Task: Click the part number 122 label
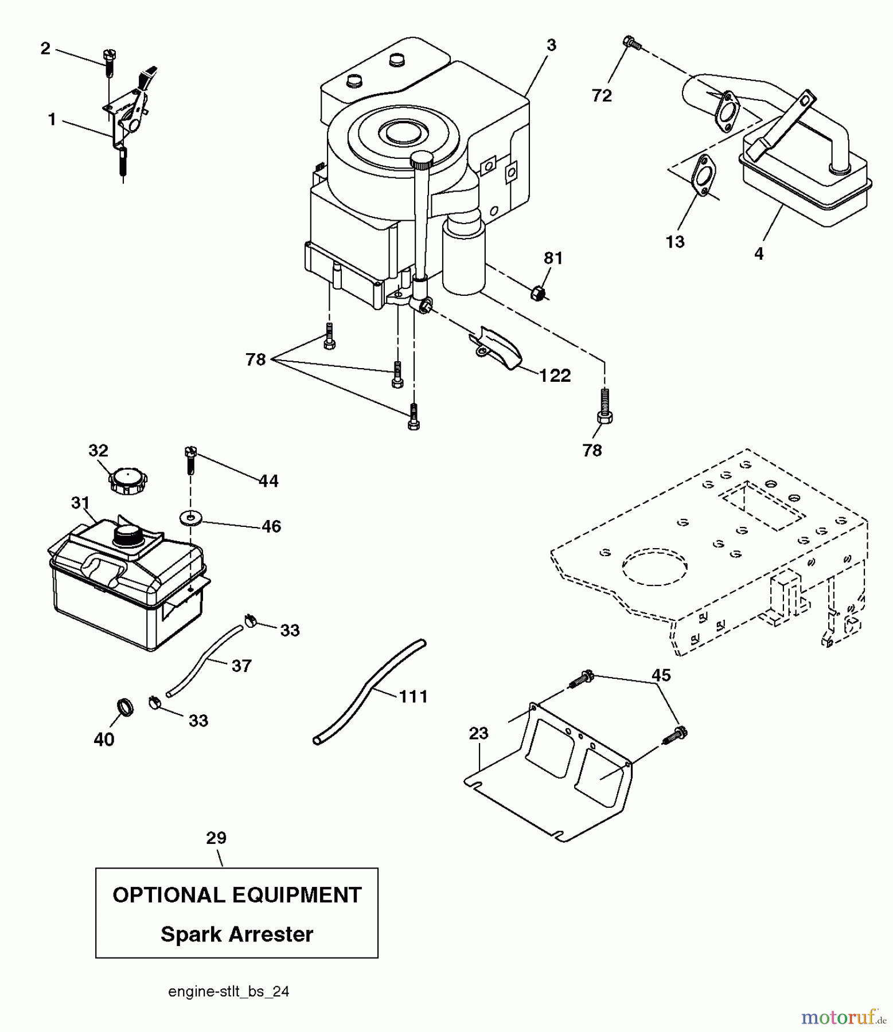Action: tap(555, 376)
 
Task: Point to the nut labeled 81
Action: tap(539, 293)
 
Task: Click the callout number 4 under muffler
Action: tap(759, 253)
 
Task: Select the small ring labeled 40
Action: tap(125, 707)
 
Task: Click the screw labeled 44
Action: tap(190, 459)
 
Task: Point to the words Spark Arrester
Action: tap(237, 934)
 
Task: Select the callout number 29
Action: tap(216, 838)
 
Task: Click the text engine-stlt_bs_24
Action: tap(228, 992)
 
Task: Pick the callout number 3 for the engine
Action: tap(551, 45)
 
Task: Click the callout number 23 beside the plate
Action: tap(478, 733)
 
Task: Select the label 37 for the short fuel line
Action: tap(241, 666)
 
